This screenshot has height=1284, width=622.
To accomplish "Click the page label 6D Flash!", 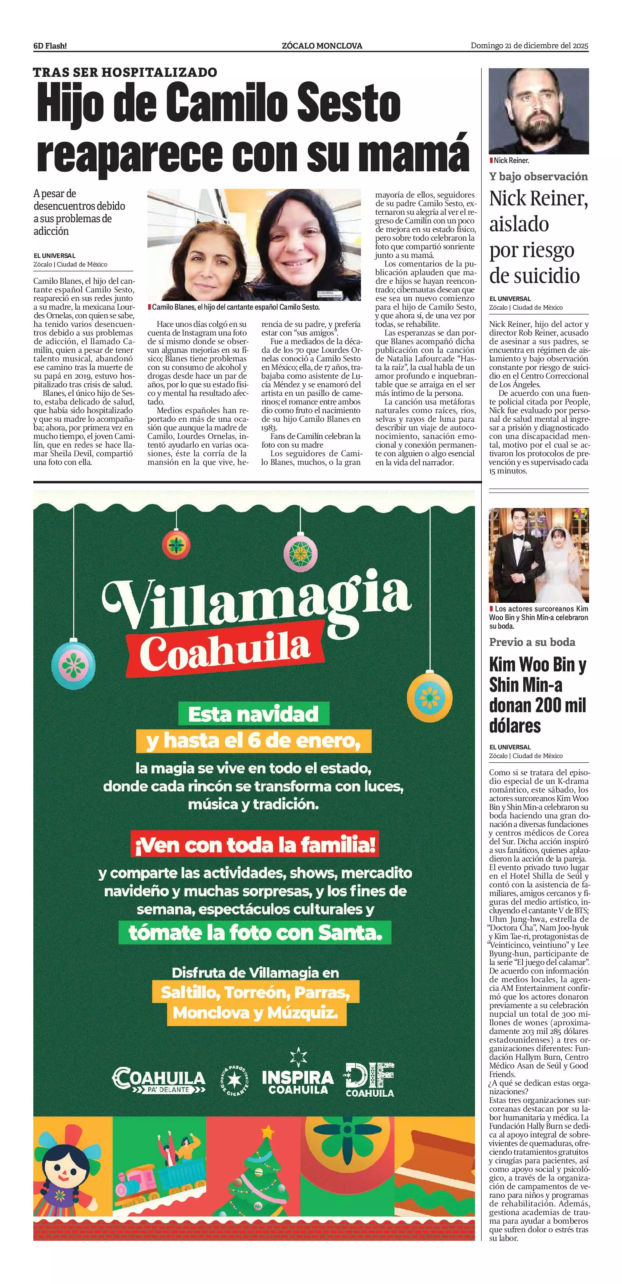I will pyautogui.click(x=50, y=46).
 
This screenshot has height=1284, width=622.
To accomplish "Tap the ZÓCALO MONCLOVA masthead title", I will pyautogui.click(x=321, y=46).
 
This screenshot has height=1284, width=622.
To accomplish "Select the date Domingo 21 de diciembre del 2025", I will pyautogui.click(x=529, y=46).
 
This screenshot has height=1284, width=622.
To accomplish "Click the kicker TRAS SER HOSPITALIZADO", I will pyautogui.click(x=125, y=72).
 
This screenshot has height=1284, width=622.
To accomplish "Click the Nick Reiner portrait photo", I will pyautogui.click(x=538, y=111).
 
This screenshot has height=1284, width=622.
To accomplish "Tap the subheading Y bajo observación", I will pyautogui.click(x=538, y=176).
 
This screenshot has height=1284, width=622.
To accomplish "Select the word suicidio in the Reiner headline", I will pyautogui.click(x=534, y=275).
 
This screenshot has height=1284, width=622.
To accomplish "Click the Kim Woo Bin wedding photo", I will pyautogui.click(x=538, y=555).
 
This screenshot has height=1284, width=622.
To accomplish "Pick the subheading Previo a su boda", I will pyautogui.click(x=532, y=642).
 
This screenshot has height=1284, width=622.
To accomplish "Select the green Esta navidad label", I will pyautogui.click(x=254, y=714).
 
